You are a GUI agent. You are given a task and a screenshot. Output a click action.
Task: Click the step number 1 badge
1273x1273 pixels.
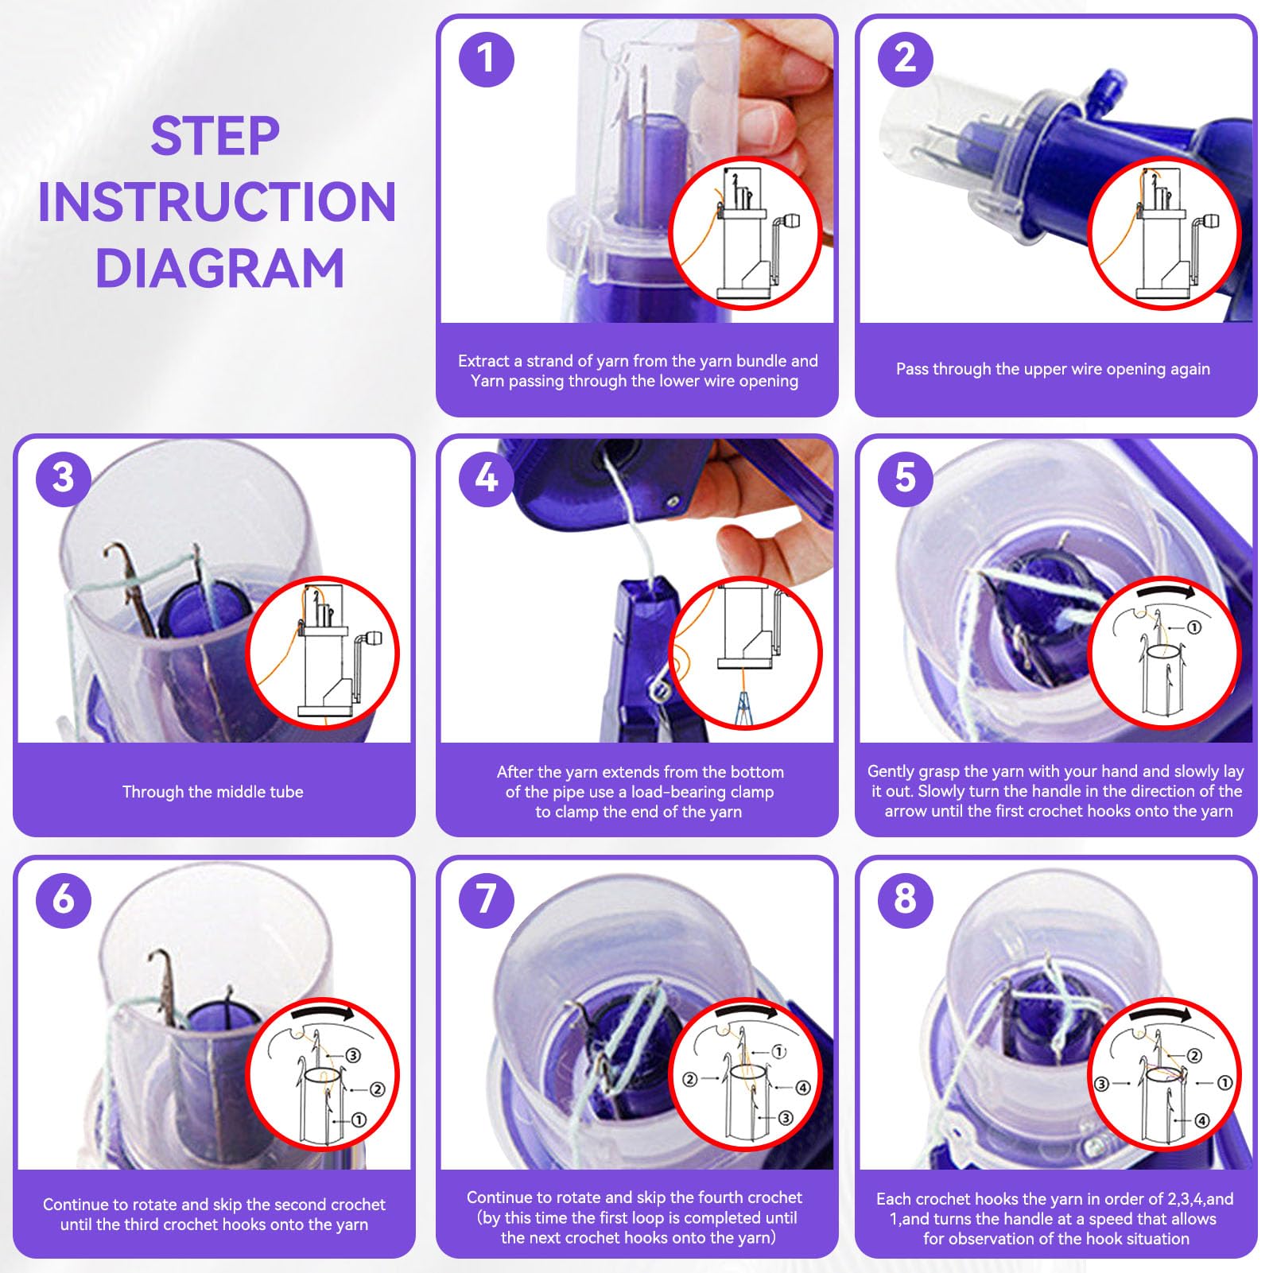pyautogui.click(x=487, y=59)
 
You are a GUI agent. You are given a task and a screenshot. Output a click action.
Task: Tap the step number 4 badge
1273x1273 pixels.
pyautogui.click(x=487, y=479)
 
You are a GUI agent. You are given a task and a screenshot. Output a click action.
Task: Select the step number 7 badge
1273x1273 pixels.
pyautogui.click(x=487, y=899)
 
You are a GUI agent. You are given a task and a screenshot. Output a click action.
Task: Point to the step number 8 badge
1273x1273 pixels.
pyautogui.click(x=905, y=899)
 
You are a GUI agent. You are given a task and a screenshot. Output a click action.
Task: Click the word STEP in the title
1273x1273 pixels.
pyautogui.click(x=215, y=136)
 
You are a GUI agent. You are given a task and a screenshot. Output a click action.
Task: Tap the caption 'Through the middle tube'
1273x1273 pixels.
pyautogui.click(x=213, y=792)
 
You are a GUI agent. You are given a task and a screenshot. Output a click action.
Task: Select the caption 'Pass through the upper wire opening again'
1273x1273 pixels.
pyautogui.click(x=1053, y=369)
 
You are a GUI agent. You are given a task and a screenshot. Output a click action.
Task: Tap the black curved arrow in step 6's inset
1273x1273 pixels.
pyautogui.click(x=323, y=1011)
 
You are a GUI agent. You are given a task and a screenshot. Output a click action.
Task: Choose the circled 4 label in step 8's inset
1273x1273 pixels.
pyautogui.click(x=1201, y=1120)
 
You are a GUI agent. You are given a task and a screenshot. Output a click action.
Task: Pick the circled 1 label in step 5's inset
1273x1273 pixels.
pyautogui.click(x=1193, y=627)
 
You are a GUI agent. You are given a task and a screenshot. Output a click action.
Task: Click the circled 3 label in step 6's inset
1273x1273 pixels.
pyautogui.click(x=353, y=1055)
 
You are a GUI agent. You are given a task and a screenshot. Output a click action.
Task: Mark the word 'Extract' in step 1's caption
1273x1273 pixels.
pyautogui.click(x=484, y=361)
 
